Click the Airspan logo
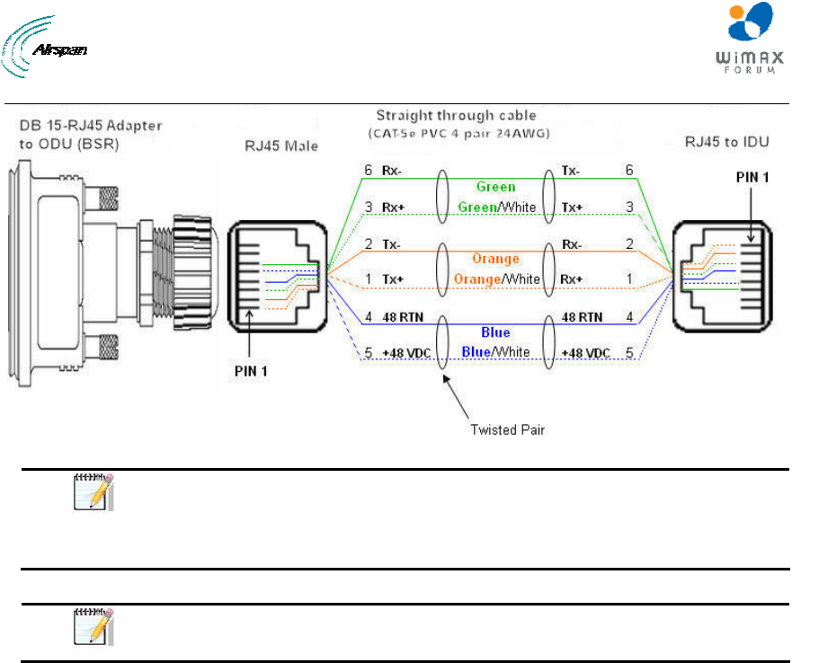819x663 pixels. coord(44,47)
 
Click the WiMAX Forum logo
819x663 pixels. coord(750,38)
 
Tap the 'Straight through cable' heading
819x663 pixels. coord(456,115)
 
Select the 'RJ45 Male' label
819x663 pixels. coord(281,146)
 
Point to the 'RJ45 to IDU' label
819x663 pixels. coord(726,142)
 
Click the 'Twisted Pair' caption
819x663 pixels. coord(507,429)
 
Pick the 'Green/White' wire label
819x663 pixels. coord(497,208)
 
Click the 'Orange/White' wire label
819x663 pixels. coord(496,279)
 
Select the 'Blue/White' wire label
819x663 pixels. coord(495,352)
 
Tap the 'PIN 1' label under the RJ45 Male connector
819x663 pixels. coord(251,371)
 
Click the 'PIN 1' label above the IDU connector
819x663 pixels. coord(752,178)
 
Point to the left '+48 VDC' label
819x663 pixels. coord(406,353)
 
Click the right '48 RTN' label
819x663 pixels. coord(582,317)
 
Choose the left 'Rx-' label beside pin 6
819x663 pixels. coord(391,171)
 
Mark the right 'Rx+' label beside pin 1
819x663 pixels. coord(571,279)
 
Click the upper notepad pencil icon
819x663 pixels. coord(93,491)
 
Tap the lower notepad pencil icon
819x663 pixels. coord(93,626)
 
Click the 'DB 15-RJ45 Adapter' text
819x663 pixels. coord(91,125)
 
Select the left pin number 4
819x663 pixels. coord(369,317)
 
